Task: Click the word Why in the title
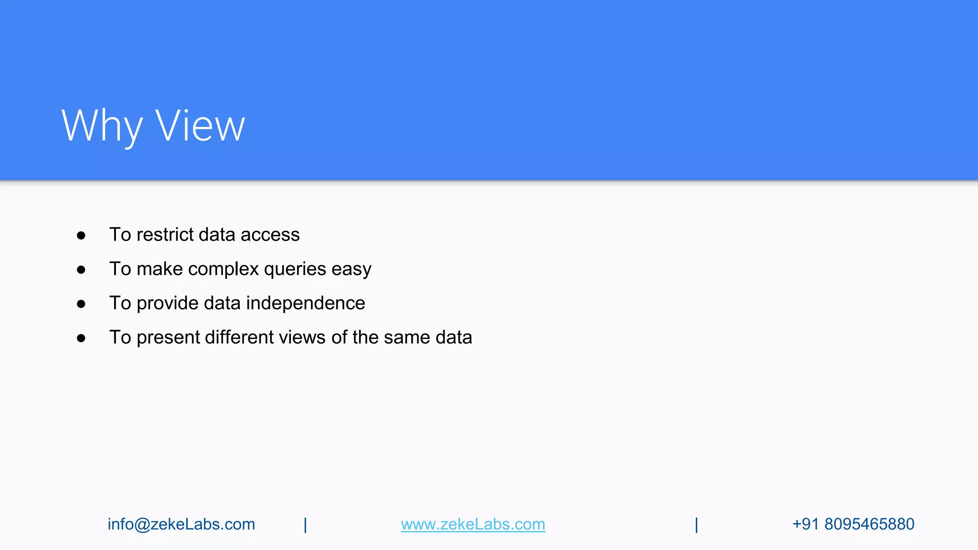pos(102,126)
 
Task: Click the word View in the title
pos(200,126)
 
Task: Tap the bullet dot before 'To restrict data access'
pos(81,235)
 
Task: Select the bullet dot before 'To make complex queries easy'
pos(81,270)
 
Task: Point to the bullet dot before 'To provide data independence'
pos(81,304)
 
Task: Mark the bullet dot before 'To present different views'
pos(81,338)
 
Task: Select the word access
pos(270,234)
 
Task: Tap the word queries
pos(295,269)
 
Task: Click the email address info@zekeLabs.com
pos(181,524)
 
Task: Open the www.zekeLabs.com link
pos(473,524)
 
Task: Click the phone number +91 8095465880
pos(853,524)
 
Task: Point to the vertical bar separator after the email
pos(306,525)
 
